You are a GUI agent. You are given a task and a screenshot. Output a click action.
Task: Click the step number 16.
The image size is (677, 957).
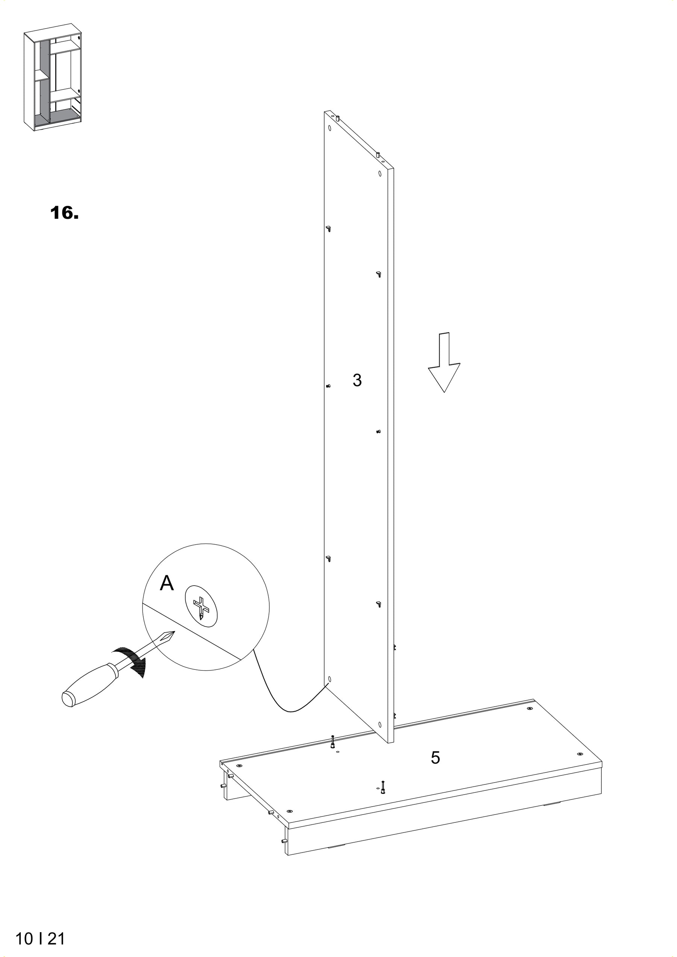pos(64,213)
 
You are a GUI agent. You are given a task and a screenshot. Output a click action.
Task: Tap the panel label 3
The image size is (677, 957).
pos(357,380)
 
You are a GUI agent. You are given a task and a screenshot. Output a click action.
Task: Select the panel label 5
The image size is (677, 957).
pos(436,758)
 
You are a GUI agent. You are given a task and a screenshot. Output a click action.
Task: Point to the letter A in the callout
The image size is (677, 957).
pos(167,583)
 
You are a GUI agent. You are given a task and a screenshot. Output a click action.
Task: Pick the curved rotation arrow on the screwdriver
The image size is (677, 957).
pos(131,662)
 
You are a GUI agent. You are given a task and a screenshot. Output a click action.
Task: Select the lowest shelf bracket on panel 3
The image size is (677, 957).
pos(379,603)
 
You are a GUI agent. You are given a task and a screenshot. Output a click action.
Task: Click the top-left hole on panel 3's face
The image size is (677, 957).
pos(330,129)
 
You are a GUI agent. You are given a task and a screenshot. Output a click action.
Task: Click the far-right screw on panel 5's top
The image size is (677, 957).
pos(580,754)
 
